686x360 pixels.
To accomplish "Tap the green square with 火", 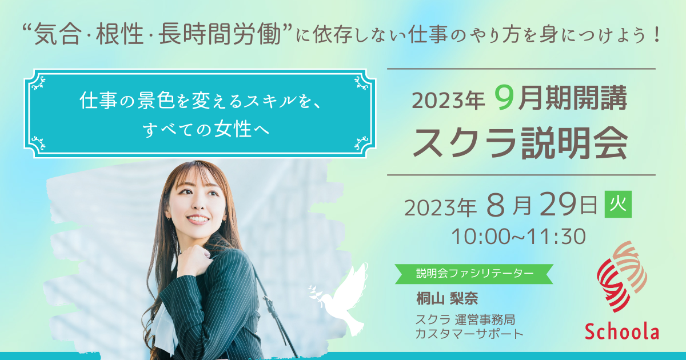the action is point(618,204).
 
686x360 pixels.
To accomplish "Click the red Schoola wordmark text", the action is point(622,332).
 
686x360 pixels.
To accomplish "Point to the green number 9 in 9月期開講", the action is point(504,98).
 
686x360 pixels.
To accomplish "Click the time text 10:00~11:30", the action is point(519,237).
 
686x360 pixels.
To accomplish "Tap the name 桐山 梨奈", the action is point(447,298).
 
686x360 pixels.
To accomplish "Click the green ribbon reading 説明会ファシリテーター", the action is point(474,274).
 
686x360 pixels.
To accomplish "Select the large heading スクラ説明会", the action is point(520,143).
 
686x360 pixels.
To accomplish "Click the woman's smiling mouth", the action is point(197,219).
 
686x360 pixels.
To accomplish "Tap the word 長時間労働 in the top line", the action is point(220,34).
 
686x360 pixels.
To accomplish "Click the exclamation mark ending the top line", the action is point(656,34).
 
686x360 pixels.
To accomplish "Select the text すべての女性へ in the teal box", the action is point(205,129).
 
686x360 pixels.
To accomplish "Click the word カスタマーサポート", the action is point(469,333).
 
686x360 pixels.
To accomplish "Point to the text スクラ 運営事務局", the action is point(465,319).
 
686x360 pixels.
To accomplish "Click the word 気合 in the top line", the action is point(58,34).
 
